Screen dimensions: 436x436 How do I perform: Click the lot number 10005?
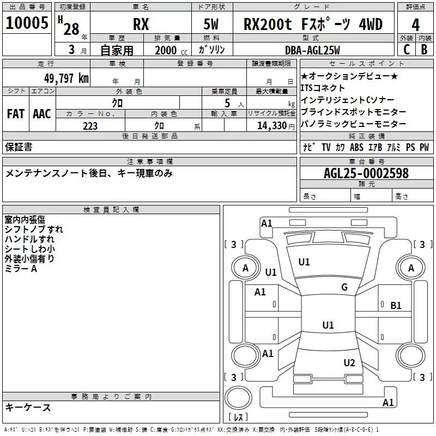(x=27, y=25)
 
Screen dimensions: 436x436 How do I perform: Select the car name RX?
(x=141, y=25)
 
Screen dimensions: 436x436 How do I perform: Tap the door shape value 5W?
(x=213, y=25)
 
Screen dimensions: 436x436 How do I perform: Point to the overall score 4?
(x=416, y=25)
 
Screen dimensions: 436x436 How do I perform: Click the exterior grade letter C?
(x=406, y=49)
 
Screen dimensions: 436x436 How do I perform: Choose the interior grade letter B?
(x=425, y=49)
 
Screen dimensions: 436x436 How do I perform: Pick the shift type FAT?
(x=15, y=114)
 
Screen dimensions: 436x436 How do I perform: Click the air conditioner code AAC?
(x=42, y=114)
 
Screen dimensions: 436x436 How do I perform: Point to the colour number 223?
(x=90, y=126)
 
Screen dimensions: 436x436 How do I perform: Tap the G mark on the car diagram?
(x=344, y=287)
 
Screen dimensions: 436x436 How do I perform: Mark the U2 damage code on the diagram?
(x=349, y=363)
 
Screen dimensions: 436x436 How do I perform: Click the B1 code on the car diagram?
(x=396, y=306)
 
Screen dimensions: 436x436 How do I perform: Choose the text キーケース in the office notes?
(x=28, y=407)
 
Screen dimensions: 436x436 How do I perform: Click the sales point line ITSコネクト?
(x=323, y=88)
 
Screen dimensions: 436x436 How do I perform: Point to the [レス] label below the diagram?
(x=238, y=417)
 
